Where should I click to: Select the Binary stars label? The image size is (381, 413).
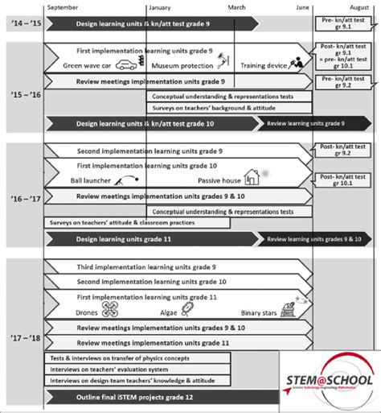point(259,312)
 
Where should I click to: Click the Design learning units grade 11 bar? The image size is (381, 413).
point(145,239)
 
